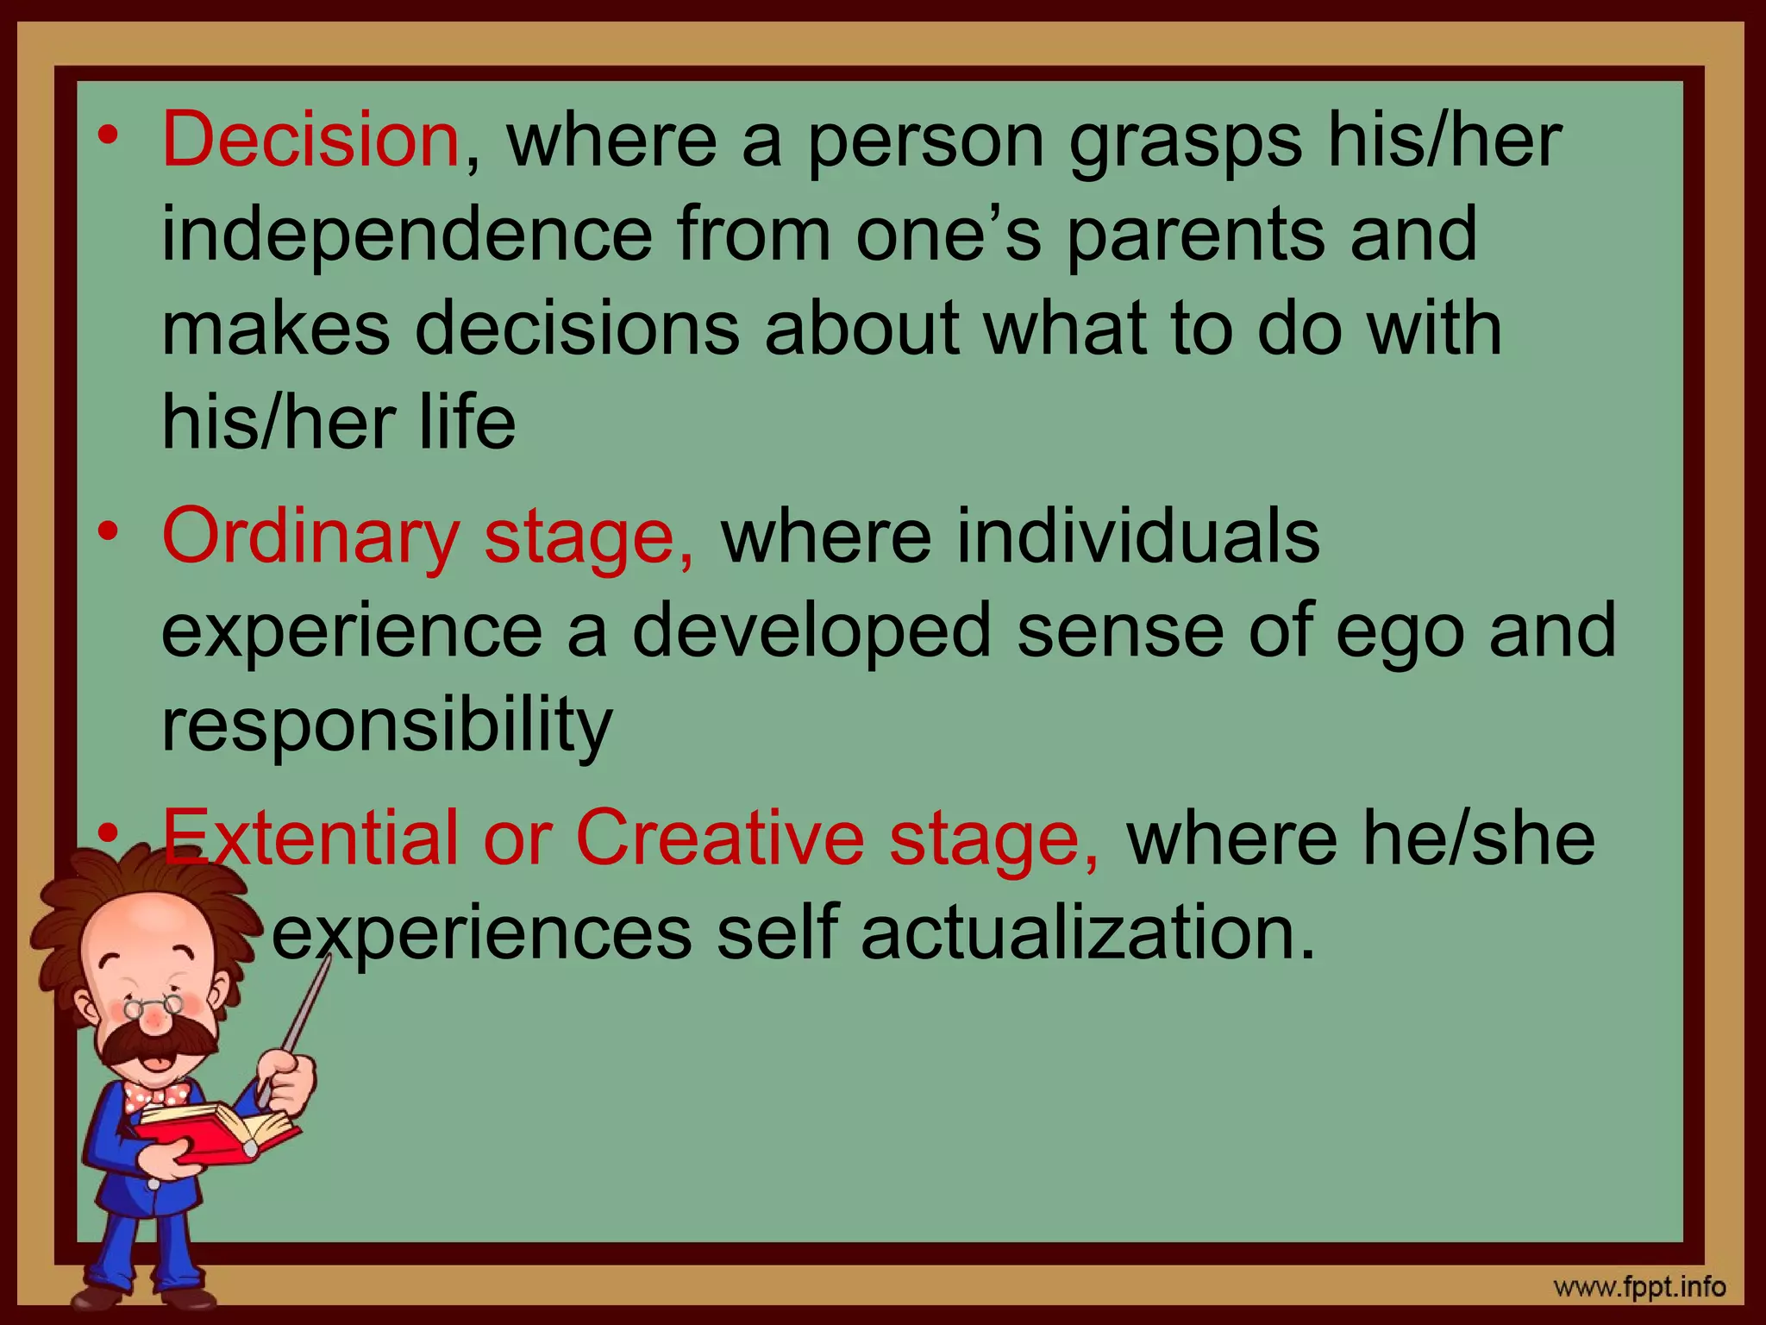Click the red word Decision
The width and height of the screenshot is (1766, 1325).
coord(310,140)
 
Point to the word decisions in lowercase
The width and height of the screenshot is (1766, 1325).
coord(577,329)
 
